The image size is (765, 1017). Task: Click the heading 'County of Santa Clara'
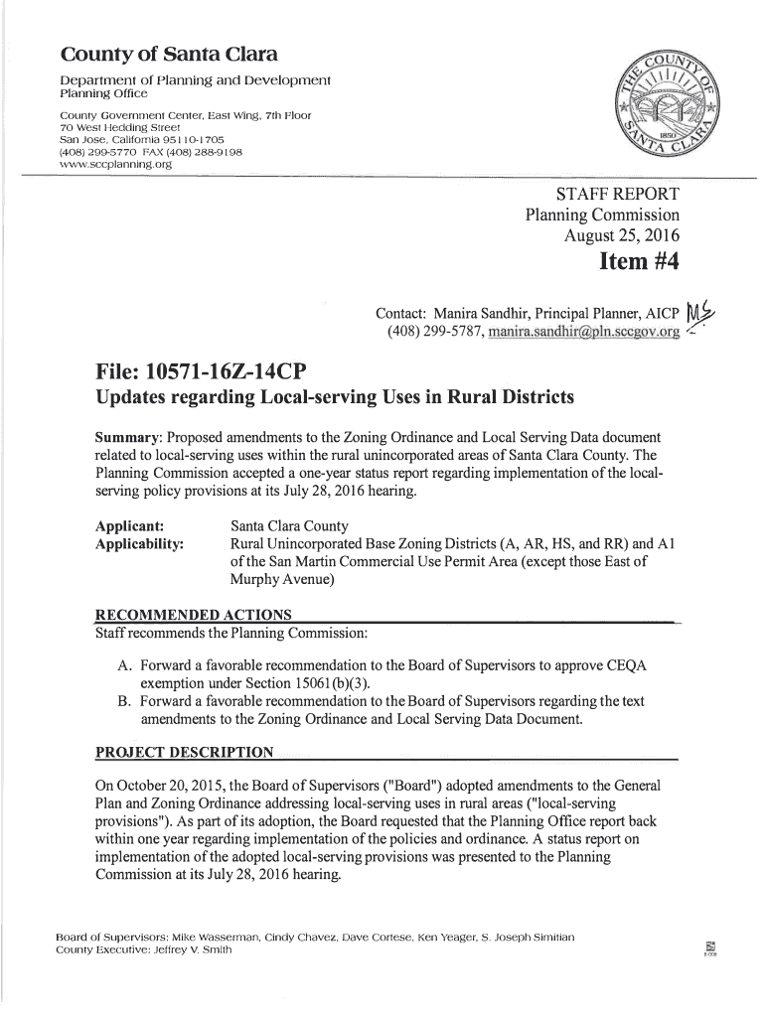170,54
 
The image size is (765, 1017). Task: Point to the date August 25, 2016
622,236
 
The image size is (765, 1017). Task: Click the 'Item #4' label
639,264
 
